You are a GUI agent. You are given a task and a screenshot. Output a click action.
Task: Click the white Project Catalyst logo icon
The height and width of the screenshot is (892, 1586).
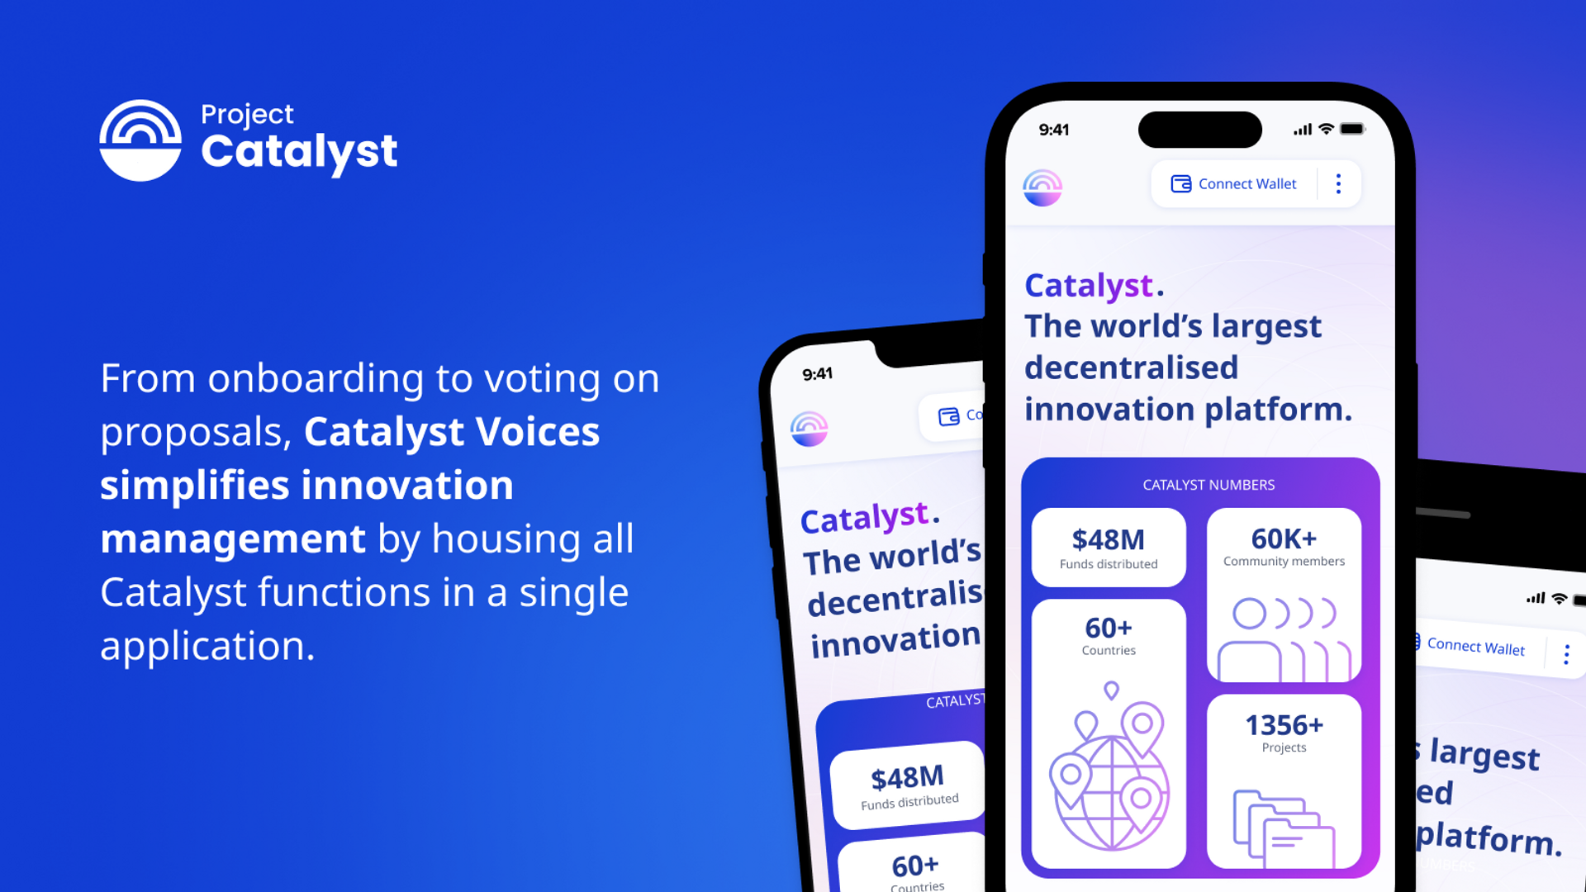tap(140, 140)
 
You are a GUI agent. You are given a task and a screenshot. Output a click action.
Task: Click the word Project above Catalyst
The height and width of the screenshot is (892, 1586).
tap(247, 114)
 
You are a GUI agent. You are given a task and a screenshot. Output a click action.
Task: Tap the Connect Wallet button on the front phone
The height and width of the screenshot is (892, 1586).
tap(1234, 183)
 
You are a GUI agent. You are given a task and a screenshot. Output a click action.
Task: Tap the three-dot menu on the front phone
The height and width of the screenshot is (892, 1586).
tap(1338, 183)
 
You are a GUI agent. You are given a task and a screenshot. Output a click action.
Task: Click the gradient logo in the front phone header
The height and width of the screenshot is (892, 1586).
tap(1042, 187)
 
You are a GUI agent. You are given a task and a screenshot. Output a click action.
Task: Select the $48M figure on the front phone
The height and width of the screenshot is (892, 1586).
tap(1108, 539)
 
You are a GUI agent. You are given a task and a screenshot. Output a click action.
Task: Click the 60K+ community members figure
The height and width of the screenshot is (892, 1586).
tap(1284, 539)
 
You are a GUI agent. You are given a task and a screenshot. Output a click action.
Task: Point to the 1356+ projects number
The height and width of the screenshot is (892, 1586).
tap(1284, 725)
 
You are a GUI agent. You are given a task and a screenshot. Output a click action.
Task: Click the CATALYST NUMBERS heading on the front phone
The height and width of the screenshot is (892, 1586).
tap(1208, 485)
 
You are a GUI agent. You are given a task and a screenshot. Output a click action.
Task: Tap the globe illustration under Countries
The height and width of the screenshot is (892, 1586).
tap(1109, 776)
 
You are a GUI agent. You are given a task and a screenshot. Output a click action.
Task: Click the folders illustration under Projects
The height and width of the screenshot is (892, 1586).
tap(1283, 828)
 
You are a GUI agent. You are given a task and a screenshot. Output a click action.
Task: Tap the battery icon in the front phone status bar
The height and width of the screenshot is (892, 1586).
tap(1352, 129)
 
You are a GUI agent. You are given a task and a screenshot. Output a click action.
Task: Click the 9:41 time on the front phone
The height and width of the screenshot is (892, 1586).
tap(1053, 130)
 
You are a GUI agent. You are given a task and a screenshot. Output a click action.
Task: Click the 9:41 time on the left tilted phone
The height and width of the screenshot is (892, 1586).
tap(817, 374)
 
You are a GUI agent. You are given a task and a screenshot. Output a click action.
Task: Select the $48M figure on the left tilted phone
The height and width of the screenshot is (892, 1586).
tap(907, 778)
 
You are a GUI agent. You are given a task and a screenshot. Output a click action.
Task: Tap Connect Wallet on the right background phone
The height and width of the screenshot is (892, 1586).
tap(1475, 647)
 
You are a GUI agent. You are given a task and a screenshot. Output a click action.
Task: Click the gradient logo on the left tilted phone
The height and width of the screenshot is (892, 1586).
tap(809, 429)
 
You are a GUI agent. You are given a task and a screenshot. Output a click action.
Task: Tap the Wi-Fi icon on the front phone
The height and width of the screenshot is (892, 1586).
tap(1326, 129)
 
